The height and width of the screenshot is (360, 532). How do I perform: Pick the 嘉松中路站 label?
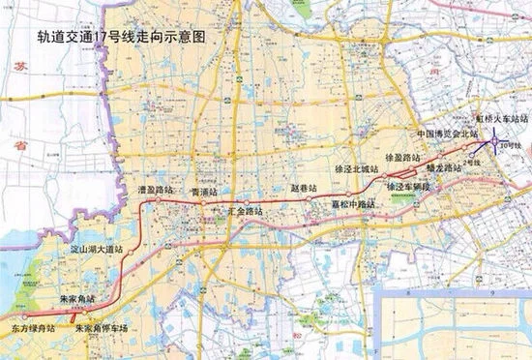pyautogui.click(x=336, y=204)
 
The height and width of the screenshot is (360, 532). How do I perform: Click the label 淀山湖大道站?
pyautogui.click(x=105, y=251)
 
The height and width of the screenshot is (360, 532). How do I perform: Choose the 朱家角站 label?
pyautogui.click(x=77, y=300)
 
